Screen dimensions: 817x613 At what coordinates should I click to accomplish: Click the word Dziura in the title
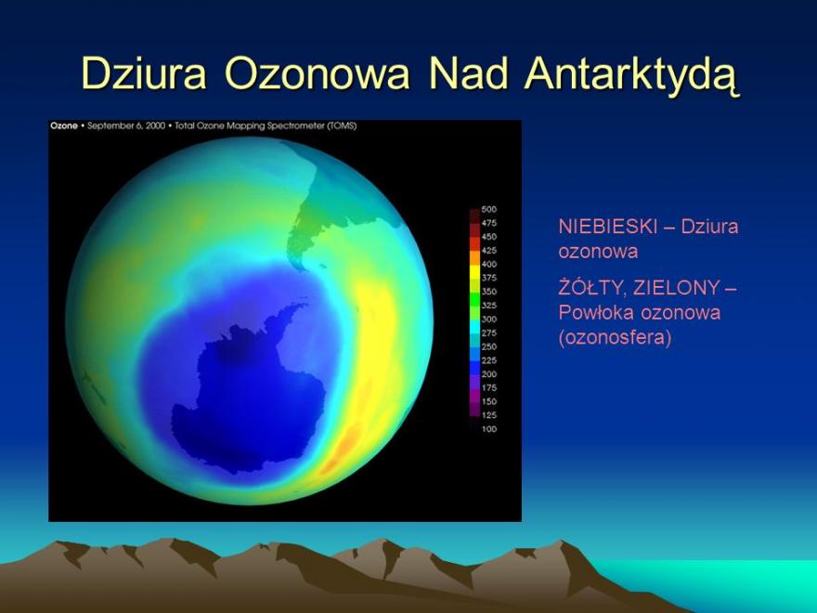[144, 73]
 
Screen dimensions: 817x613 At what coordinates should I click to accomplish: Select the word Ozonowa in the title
[318, 73]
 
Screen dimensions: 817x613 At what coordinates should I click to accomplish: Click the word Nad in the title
[467, 73]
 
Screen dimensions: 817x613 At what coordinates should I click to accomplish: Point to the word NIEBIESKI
[607, 227]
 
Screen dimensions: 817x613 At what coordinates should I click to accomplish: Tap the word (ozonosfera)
[615, 337]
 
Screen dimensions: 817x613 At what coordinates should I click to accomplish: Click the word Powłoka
[596, 312]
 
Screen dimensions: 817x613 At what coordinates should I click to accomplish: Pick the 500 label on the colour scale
[488, 210]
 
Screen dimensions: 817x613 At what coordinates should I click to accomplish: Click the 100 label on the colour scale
[488, 429]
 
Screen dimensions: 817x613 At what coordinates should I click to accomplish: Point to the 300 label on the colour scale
[488, 319]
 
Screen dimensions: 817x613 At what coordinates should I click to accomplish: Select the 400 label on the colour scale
[488, 265]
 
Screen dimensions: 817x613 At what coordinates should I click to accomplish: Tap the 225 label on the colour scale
[488, 360]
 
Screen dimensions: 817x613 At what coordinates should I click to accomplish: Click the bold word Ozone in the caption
[64, 125]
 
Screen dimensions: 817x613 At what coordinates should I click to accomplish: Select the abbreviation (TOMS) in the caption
[342, 125]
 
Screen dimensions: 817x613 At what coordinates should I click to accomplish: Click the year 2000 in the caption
[155, 125]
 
